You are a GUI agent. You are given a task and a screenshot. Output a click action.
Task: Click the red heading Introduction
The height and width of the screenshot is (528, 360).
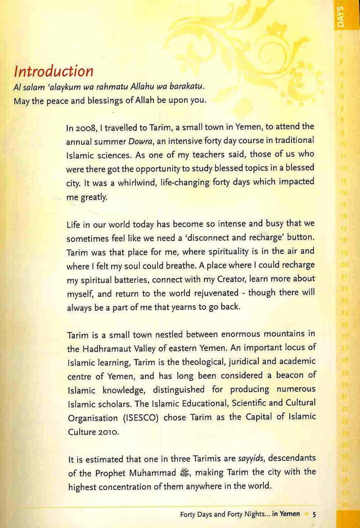tap(53, 72)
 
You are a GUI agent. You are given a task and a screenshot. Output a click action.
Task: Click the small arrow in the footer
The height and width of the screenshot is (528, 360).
tap(306, 514)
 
